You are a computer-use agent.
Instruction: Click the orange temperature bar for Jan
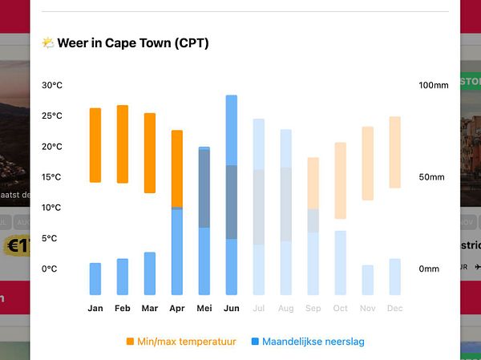(95, 145)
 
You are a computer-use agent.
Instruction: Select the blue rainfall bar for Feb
(123, 277)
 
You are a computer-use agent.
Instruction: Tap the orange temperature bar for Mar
(150, 153)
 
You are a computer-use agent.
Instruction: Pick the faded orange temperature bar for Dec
(394, 152)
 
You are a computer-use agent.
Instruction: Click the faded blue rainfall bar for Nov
(367, 280)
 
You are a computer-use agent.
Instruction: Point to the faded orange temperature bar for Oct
(341, 180)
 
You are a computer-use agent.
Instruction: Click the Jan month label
(95, 309)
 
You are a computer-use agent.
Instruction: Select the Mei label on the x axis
(204, 309)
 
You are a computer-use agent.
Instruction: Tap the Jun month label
(232, 309)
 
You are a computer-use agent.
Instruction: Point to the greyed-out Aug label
(286, 309)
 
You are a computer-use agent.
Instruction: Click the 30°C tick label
(53, 86)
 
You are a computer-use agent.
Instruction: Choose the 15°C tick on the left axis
(53, 177)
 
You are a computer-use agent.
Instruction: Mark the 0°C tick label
(50, 269)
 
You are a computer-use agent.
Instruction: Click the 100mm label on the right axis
(434, 86)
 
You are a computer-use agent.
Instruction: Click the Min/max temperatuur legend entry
(186, 342)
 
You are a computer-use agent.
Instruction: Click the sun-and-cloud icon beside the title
(48, 43)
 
